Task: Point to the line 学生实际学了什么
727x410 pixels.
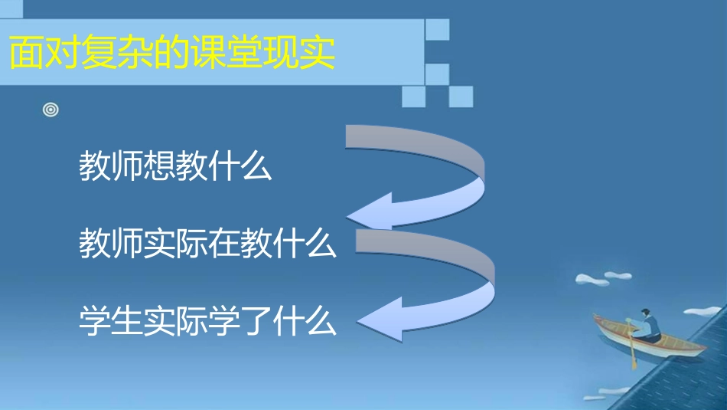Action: (x=207, y=320)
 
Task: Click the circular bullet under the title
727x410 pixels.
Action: (x=51, y=110)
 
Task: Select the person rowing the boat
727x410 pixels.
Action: (x=647, y=326)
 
